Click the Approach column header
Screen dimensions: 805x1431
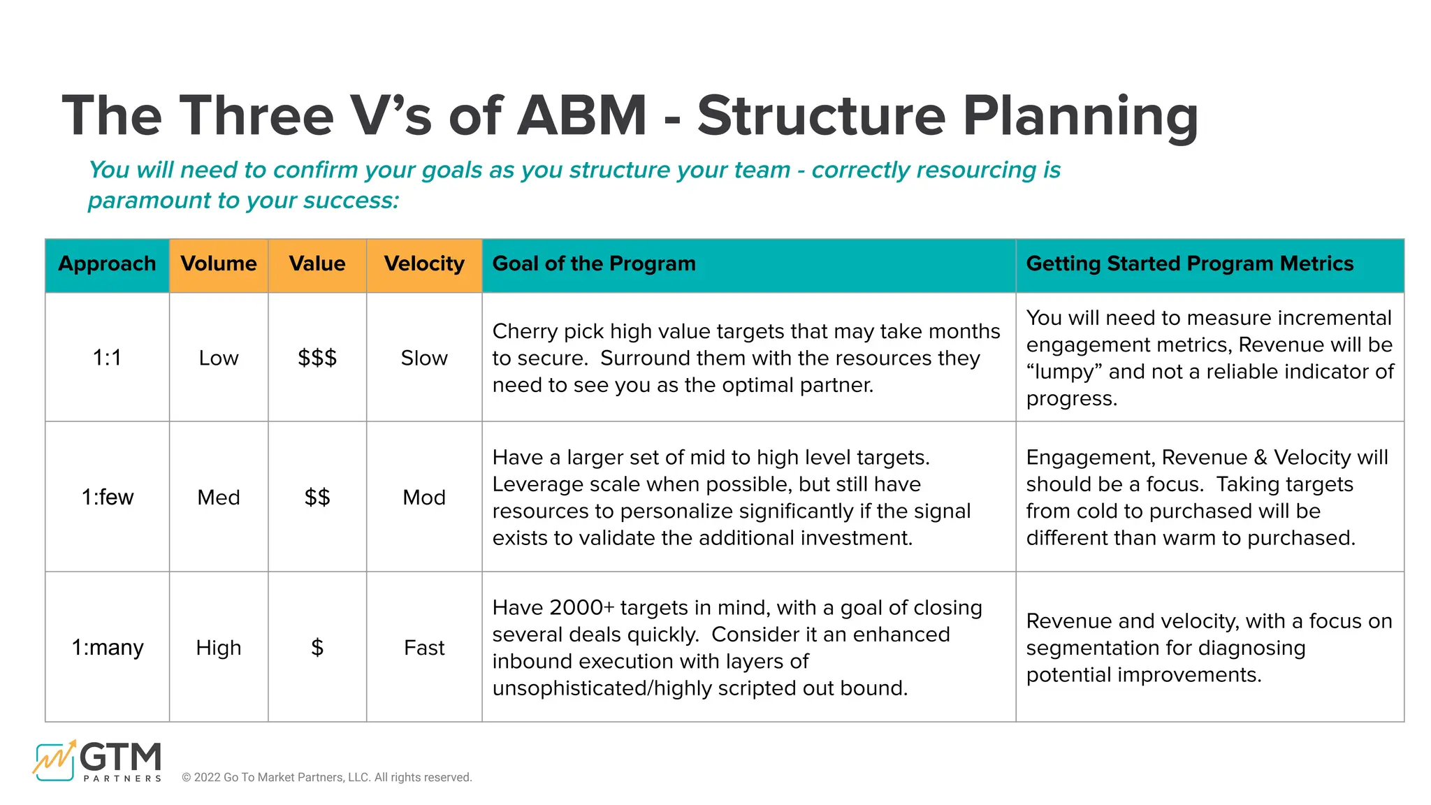[107, 264]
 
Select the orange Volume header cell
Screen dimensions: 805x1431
[219, 264]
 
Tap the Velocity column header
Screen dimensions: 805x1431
[424, 264]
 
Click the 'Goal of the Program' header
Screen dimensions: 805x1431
[594, 264]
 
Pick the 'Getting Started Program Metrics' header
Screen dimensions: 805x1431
[1189, 264]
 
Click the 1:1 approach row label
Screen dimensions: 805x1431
[107, 358]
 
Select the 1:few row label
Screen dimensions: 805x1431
[107, 498]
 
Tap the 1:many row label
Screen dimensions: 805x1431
[107, 648]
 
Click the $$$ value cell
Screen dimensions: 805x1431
[317, 358]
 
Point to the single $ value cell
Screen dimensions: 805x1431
[317, 648]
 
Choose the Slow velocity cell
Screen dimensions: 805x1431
[424, 358]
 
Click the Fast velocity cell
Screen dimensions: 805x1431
[424, 648]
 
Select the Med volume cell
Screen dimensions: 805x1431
[219, 498]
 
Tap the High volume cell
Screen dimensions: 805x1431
[219, 648]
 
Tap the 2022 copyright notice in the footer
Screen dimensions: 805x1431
[327, 778]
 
